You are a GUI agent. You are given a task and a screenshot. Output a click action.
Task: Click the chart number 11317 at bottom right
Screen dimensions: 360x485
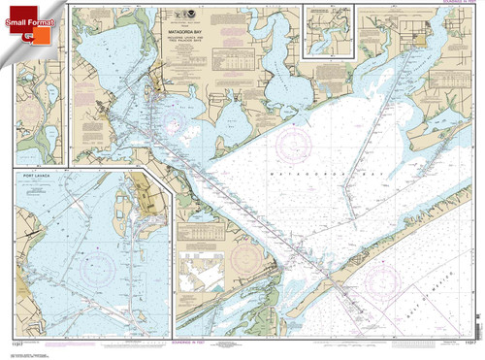tap(467, 344)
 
